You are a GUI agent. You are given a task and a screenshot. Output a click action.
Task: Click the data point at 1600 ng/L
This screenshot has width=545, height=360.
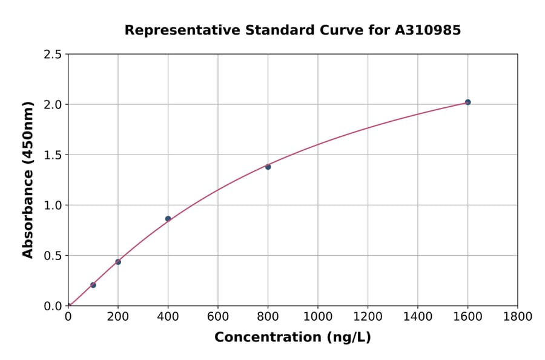coord(467,102)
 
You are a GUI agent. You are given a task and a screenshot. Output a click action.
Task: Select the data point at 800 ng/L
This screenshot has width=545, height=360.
coord(268,167)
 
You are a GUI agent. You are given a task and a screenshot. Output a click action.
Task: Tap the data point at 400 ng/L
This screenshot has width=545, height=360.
coord(168,219)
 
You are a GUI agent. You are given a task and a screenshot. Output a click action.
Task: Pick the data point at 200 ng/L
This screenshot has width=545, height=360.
coord(118,262)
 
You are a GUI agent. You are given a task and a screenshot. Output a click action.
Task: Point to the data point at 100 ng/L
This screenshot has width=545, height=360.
coord(93,285)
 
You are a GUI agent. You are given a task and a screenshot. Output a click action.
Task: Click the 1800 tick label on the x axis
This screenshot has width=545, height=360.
coord(517,316)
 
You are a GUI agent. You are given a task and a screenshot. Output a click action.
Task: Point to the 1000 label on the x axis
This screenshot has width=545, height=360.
coord(317,316)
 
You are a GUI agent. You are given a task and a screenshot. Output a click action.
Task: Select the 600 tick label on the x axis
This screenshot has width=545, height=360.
coord(217,316)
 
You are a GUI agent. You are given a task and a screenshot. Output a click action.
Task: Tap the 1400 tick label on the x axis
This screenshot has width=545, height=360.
coord(417,316)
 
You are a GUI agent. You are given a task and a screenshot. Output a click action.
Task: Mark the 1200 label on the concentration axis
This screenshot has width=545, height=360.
coord(368,316)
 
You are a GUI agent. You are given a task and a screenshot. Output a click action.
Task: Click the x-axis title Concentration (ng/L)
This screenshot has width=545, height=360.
coord(292,338)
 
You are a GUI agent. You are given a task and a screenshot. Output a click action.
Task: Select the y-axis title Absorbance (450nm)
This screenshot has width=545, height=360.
coord(28,180)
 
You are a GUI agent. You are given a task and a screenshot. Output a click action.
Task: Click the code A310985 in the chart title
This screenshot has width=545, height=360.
coord(428,30)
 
